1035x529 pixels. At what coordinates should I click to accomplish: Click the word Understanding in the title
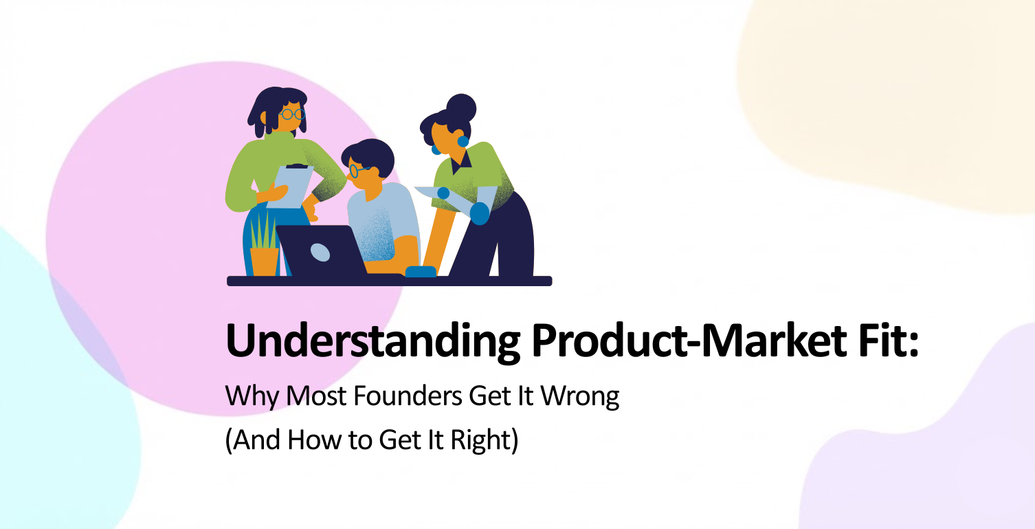[x=373, y=341]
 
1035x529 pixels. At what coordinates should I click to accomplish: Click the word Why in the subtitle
[x=252, y=397]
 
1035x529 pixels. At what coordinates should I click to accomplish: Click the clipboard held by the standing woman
[x=290, y=186]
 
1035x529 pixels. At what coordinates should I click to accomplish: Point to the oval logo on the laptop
[x=320, y=252]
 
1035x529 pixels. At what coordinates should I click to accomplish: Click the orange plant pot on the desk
[x=265, y=261]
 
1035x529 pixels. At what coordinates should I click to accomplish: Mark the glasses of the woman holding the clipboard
[x=291, y=114]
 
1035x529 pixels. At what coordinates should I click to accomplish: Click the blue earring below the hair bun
[x=463, y=142]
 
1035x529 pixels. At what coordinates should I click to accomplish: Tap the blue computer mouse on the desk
[x=421, y=272]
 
